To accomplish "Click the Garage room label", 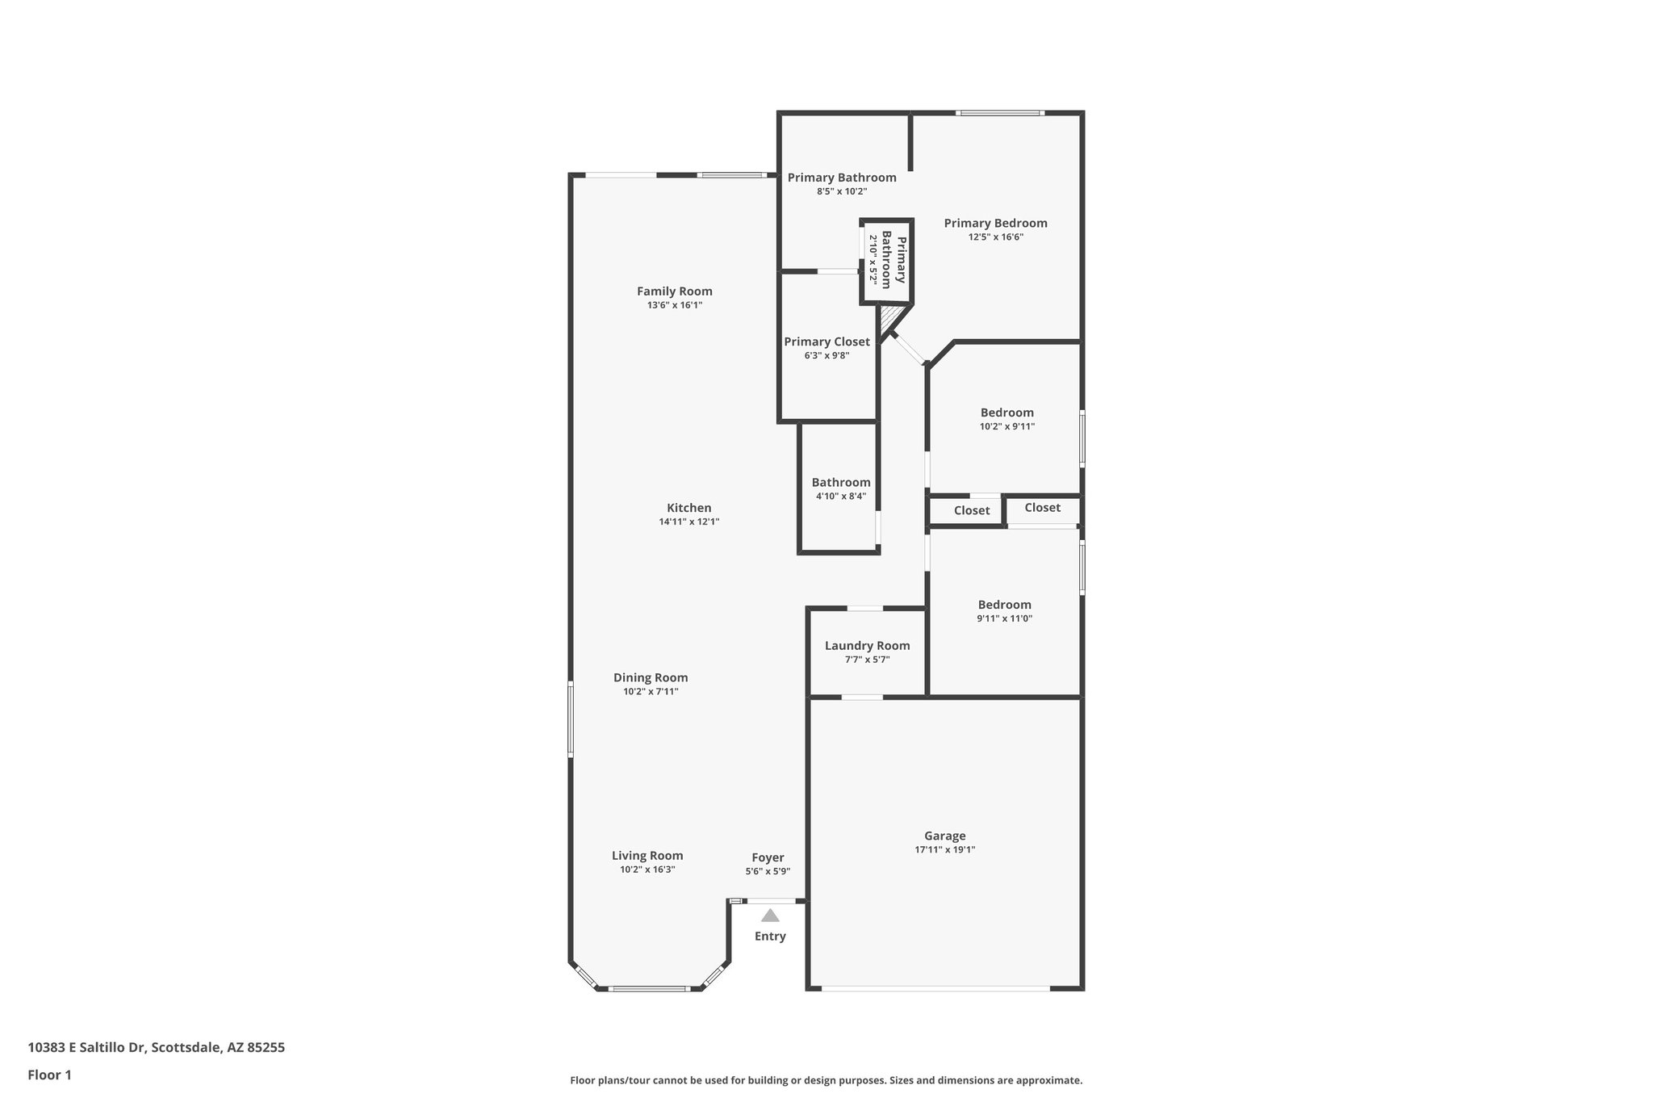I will click(944, 836).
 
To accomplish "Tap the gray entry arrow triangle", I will click(770, 916).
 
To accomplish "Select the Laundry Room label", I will click(867, 645).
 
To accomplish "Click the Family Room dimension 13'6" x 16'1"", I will click(674, 305).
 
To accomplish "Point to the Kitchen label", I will click(688, 508).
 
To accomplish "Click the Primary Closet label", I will click(826, 341).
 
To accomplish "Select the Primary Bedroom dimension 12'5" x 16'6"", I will click(995, 237).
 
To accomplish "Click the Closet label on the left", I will click(971, 510).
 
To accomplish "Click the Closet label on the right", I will click(1042, 507).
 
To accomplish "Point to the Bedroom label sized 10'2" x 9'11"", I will click(1006, 413).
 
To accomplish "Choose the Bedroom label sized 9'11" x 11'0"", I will click(1004, 605).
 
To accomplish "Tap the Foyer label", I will click(768, 857).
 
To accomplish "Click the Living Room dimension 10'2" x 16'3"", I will click(647, 869).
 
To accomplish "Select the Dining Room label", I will click(651, 677).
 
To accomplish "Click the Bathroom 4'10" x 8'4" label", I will click(841, 482).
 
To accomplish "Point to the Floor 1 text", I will click(49, 1075).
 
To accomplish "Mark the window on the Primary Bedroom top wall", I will click(1000, 113).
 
